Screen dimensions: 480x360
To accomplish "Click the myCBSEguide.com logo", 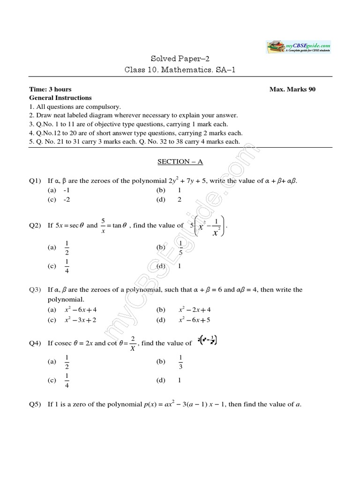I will click(299, 47).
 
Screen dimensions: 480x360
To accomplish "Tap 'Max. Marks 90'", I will click(292, 90).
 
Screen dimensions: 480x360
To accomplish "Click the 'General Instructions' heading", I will click(60, 98).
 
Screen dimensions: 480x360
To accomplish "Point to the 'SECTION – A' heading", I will click(180, 161).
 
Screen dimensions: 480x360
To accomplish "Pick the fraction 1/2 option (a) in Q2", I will click(67, 247).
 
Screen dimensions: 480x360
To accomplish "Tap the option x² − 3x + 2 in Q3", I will click(80, 320).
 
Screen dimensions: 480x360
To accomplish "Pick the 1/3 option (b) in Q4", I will click(181, 362).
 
